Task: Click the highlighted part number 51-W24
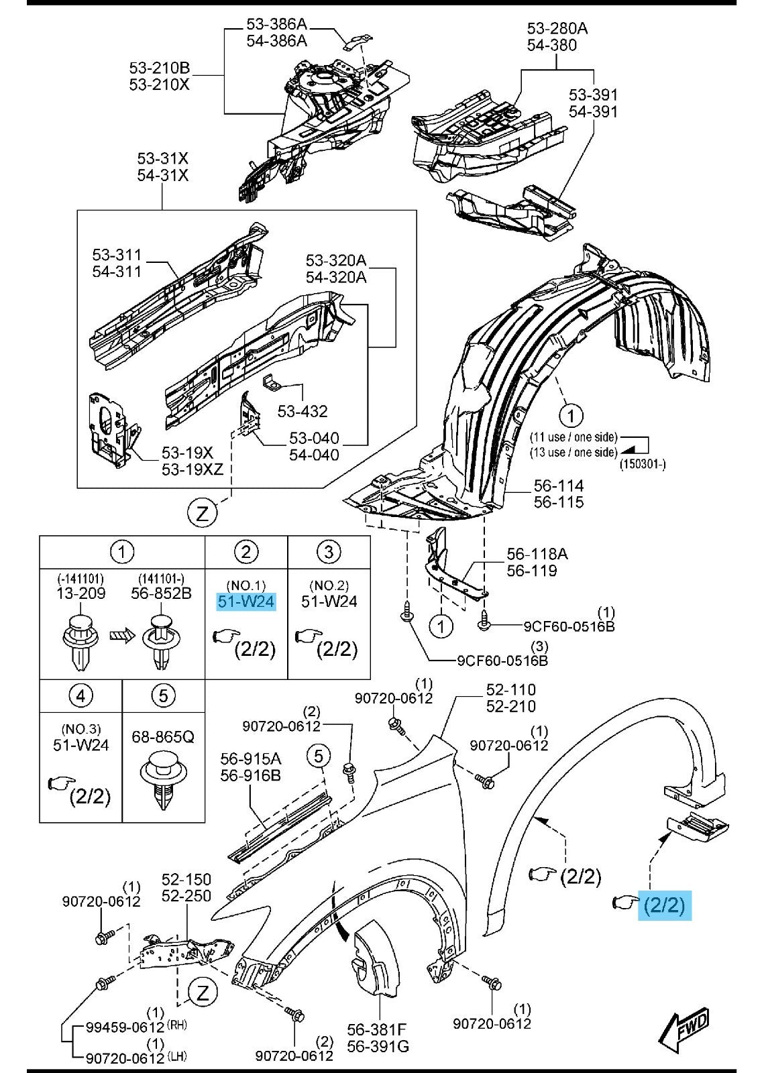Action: click(x=245, y=602)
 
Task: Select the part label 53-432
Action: click(x=303, y=410)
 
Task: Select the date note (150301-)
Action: click(x=643, y=464)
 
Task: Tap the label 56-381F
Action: click(x=378, y=1029)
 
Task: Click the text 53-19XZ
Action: click(x=193, y=469)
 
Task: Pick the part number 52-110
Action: click(x=511, y=689)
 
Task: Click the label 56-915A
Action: click(x=251, y=758)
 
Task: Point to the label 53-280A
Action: click(x=557, y=28)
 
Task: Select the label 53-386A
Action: click(x=276, y=24)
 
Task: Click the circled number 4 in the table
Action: click(x=80, y=695)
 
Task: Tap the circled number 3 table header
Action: click(x=329, y=552)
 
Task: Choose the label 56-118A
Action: click(x=537, y=554)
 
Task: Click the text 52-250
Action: click(x=186, y=895)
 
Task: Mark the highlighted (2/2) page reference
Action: click(x=663, y=905)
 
